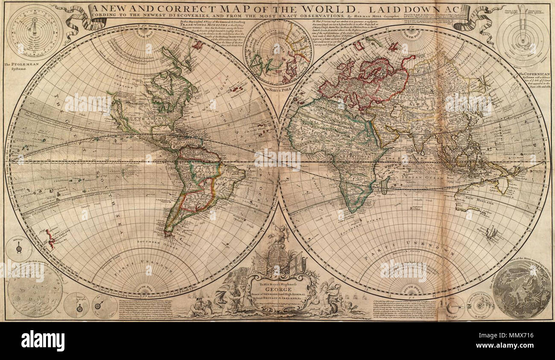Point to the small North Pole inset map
[278, 52]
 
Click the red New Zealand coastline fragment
[50, 239]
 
